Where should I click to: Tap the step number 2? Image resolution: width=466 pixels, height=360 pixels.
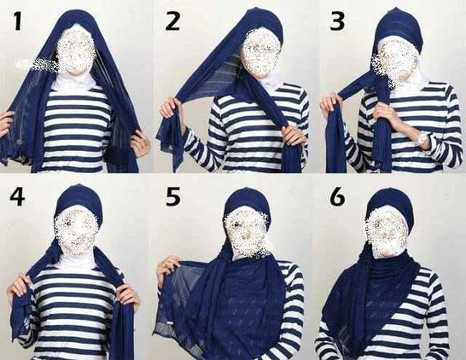173,20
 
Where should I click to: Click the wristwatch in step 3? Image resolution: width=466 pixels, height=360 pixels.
422,138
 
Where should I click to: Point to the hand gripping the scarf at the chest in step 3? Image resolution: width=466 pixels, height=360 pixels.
385,115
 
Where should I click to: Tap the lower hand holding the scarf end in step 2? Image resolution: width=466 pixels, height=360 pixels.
293,136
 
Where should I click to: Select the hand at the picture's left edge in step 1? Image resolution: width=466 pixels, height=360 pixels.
6,124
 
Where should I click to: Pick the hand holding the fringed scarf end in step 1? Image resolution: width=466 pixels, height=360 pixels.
140,144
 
